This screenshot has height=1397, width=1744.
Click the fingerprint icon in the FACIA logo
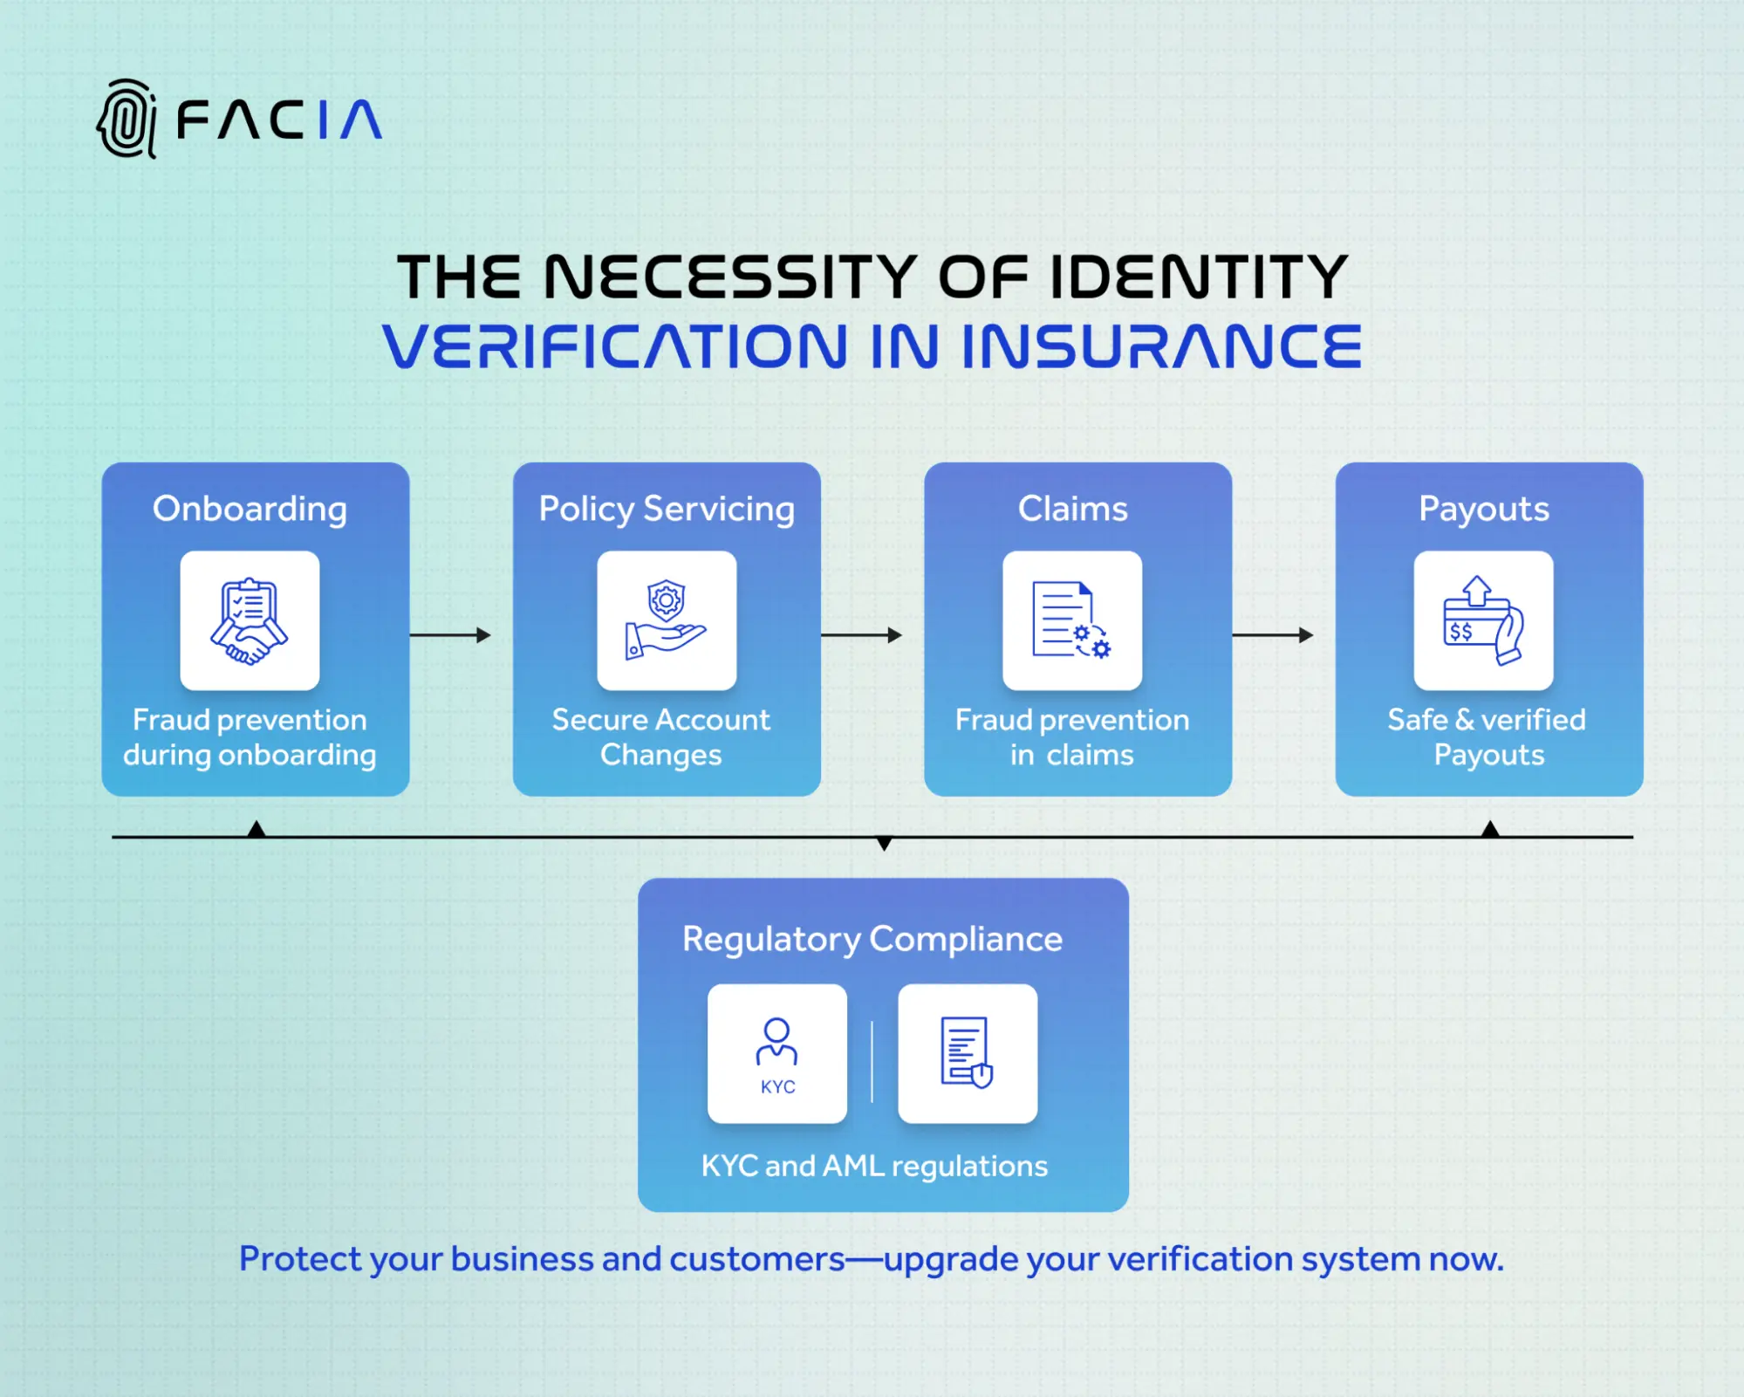click(127, 119)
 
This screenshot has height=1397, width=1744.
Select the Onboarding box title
click(250, 509)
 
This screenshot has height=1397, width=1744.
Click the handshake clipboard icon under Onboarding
click(250, 620)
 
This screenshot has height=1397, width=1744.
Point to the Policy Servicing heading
click(667, 509)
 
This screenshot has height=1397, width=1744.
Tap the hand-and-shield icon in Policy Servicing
click(667, 620)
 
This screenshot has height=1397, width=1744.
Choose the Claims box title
click(1072, 509)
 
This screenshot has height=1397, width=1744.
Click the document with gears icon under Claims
click(1072, 620)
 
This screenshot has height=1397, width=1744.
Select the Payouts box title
click(1483, 509)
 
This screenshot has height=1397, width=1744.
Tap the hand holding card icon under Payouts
click(1483, 620)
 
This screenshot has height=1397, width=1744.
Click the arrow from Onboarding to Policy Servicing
click(450, 635)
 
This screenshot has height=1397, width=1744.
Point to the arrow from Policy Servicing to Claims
click(861, 635)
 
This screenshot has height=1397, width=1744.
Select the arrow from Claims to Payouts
click(1272, 635)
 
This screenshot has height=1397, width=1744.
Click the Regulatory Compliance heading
click(872, 939)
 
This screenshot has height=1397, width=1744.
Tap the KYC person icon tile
click(777, 1053)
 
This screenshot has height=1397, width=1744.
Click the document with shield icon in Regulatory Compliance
click(968, 1053)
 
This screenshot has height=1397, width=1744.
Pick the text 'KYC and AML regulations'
click(874, 1166)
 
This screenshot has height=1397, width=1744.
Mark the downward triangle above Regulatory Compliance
click(884, 843)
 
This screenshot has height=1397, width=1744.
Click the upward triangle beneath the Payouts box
click(1491, 829)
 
